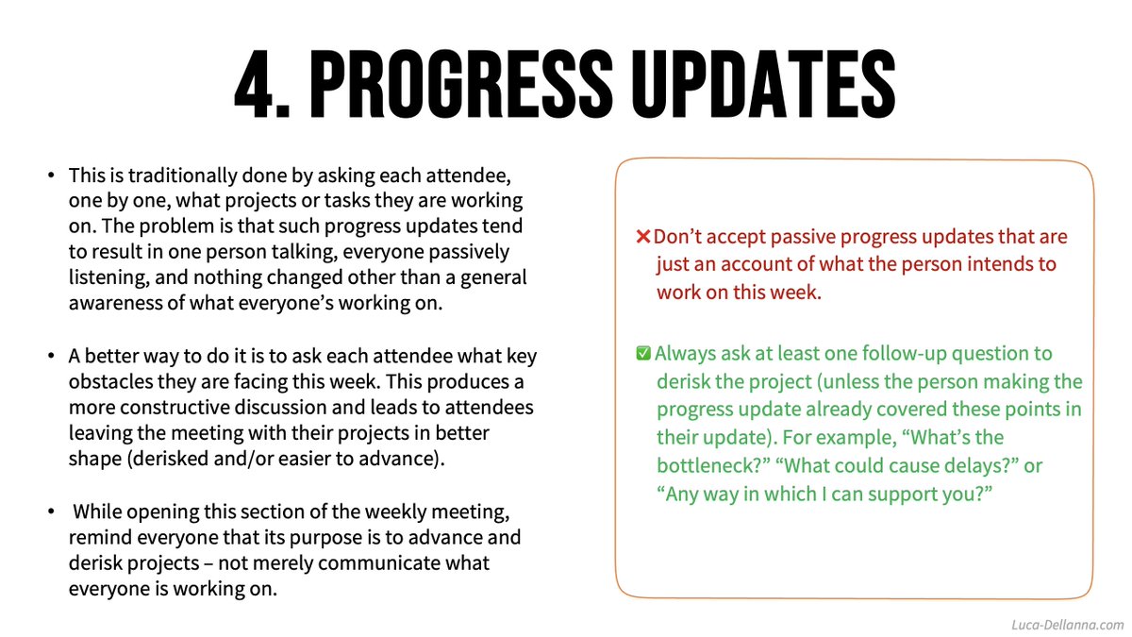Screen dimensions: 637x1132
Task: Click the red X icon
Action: coord(642,237)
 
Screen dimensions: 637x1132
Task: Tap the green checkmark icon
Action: coord(642,354)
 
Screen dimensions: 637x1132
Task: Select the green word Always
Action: coord(684,354)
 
